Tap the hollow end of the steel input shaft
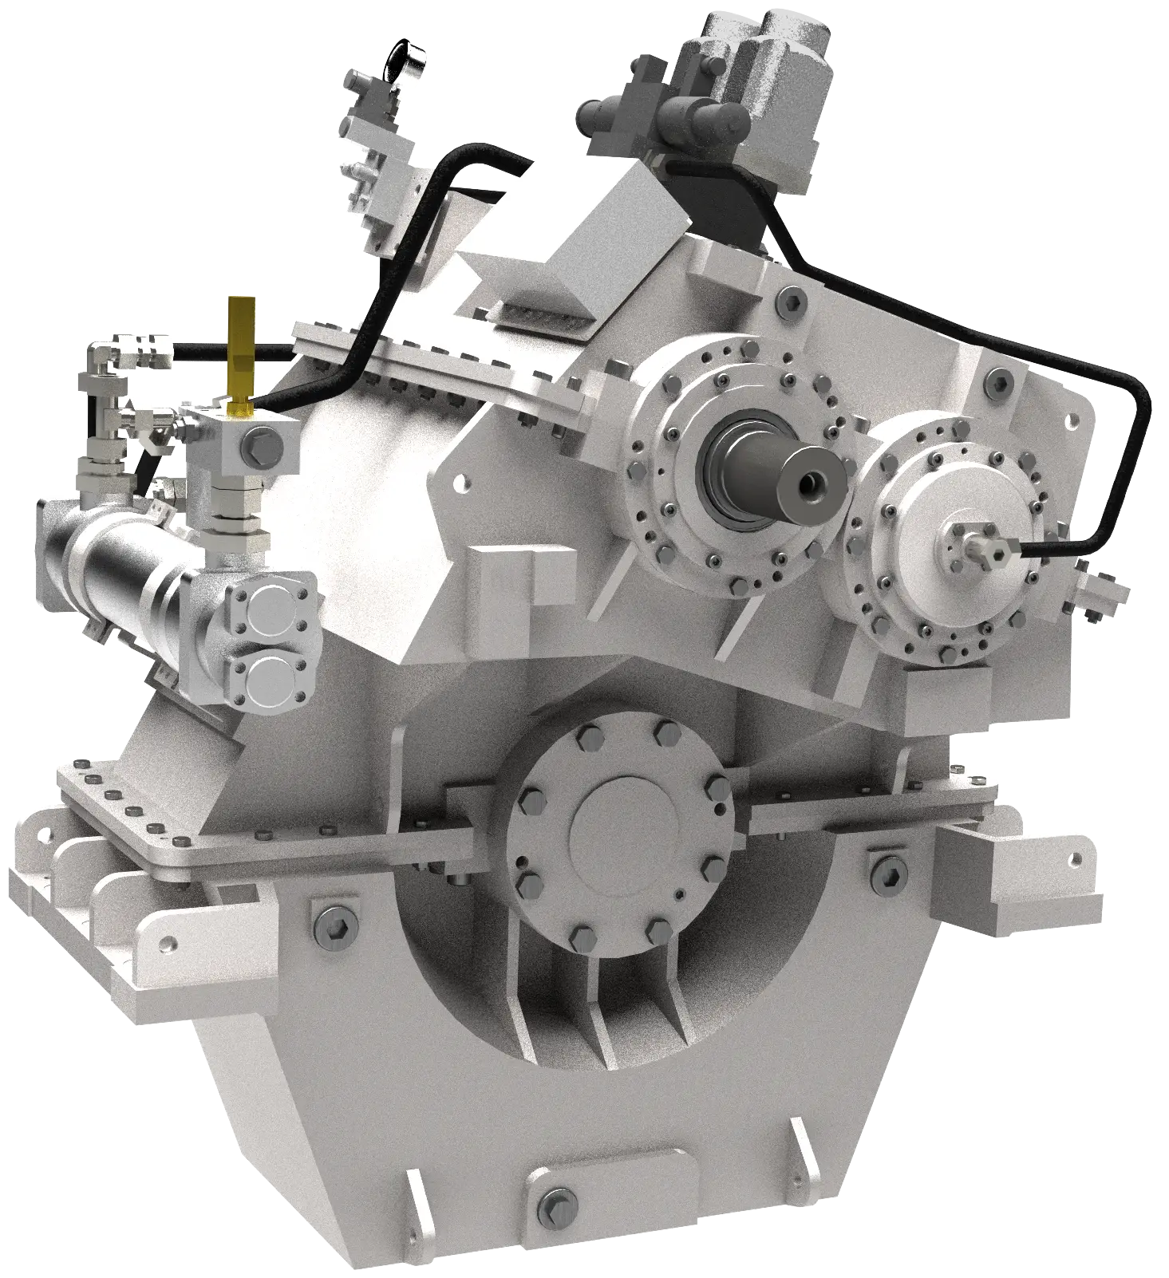[814, 481]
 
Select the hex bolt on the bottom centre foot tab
[556, 1201]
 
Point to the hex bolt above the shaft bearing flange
[789, 301]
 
